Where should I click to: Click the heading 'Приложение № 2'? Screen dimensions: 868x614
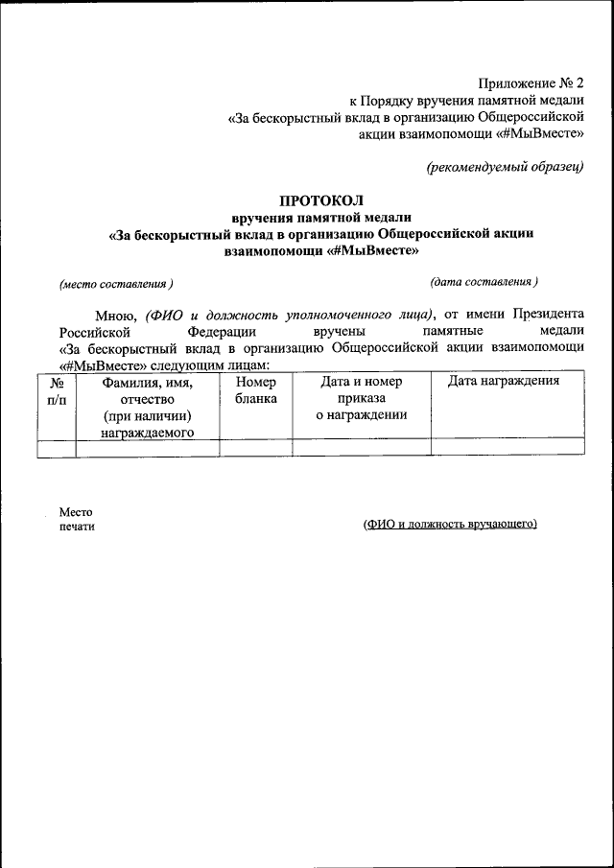pyautogui.click(x=529, y=82)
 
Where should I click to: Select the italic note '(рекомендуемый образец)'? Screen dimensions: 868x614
pyautogui.click(x=505, y=167)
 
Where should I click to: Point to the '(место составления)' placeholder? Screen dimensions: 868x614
pyautogui.click(x=116, y=284)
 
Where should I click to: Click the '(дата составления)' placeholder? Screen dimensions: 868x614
pyautogui.click(x=484, y=282)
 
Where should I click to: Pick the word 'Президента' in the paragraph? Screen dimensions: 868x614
pyautogui.click(x=548, y=314)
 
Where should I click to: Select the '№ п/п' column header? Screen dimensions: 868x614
pyautogui.click(x=57, y=390)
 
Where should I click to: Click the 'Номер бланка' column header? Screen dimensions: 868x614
pyautogui.click(x=255, y=390)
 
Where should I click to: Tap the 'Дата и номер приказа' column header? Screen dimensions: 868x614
pyautogui.click(x=361, y=390)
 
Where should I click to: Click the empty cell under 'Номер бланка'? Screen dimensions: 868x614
pyautogui.click(x=255, y=448)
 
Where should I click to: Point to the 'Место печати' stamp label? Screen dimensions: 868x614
pyautogui.click(x=77, y=519)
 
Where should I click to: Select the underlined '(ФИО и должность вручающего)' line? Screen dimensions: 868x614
pyautogui.click(x=450, y=525)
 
